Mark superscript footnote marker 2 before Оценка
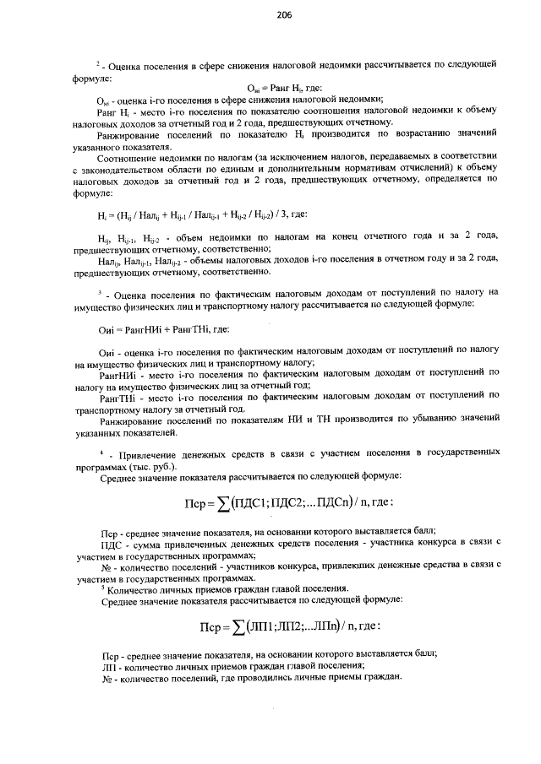(97, 62)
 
